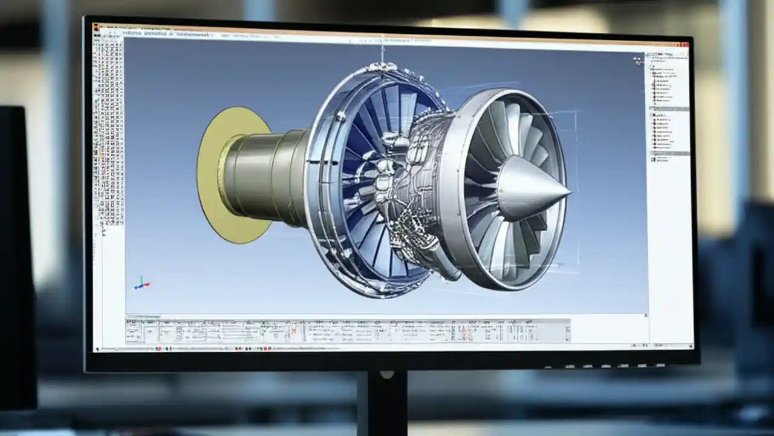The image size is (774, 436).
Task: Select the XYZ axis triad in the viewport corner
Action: pyautogui.click(x=141, y=283)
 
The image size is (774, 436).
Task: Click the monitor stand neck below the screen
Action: pyautogui.click(x=382, y=403)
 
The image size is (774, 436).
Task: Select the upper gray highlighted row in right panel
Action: pyautogui.click(x=669, y=108)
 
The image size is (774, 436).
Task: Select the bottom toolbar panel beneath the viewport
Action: pyautogui.click(x=348, y=331)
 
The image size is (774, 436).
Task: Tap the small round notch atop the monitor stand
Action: pyautogui.click(x=382, y=375)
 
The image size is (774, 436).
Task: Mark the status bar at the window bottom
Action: pyautogui.click(x=387, y=348)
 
